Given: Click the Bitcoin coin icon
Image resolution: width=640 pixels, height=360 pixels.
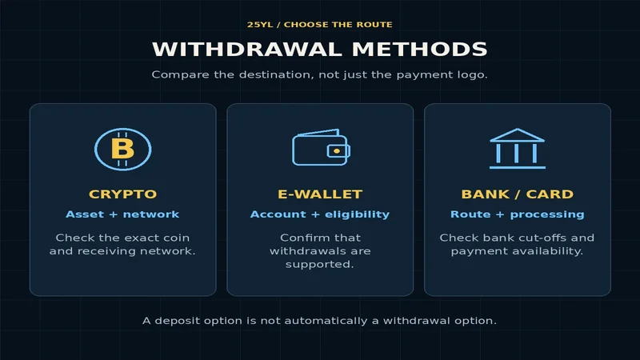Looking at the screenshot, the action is [x=123, y=149].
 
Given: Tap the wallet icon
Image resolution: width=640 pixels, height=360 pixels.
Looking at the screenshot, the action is [x=321, y=147].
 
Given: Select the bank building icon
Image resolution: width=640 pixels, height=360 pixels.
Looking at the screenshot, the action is [x=517, y=148].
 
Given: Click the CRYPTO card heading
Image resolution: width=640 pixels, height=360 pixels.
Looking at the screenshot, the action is [x=123, y=194].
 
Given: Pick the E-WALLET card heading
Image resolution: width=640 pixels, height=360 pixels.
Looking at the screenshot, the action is [x=320, y=194].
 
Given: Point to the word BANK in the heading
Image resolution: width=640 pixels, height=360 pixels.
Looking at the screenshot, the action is [x=486, y=194].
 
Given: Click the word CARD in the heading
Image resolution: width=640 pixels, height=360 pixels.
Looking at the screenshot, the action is [x=550, y=194].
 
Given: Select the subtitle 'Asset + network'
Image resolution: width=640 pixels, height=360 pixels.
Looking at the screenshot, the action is [x=122, y=214].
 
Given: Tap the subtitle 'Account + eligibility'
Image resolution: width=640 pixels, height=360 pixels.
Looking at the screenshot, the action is [x=320, y=214].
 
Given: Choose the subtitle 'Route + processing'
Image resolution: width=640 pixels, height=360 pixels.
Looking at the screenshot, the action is [x=517, y=214].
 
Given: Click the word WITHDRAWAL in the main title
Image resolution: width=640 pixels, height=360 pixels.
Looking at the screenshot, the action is [x=247, y=49].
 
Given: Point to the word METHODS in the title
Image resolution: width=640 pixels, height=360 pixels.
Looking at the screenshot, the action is [x=419, y=49].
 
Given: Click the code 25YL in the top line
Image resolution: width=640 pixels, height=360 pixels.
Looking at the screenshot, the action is [x=260, y=25].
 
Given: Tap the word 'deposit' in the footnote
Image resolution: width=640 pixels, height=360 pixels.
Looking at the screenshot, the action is [x=178, y=321].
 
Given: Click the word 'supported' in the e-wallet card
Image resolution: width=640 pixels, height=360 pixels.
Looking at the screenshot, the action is [x=319, y=265].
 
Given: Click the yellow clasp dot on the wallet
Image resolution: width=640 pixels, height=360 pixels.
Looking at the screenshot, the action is [x=337, y=151].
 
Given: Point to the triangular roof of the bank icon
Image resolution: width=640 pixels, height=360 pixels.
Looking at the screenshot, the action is [x=517, y=135].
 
